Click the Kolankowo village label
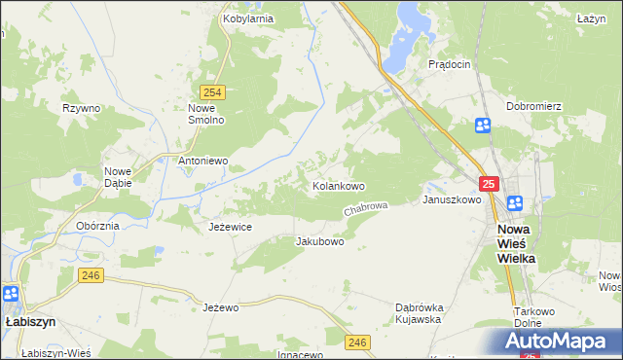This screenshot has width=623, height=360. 338,185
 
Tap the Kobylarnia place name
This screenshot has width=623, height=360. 246,18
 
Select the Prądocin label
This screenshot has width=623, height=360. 450,63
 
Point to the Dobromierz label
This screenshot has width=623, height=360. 531,105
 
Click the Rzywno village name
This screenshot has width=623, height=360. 82,108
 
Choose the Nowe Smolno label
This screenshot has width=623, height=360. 206,114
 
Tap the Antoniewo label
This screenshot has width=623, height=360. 202,160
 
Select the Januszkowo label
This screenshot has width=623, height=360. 452,199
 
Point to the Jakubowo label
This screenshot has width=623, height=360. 320,240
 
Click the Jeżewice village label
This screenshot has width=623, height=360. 231,226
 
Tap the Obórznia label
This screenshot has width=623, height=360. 97,226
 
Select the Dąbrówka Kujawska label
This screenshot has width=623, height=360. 419,312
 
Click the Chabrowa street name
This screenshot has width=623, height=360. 366,209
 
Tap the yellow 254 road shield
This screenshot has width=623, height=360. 215,91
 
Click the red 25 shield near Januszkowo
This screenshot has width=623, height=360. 489,183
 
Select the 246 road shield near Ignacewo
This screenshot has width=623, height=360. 357,341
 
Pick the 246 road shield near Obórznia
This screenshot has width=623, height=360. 91,277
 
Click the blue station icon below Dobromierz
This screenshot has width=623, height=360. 483,125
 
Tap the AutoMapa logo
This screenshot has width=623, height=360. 559,341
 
